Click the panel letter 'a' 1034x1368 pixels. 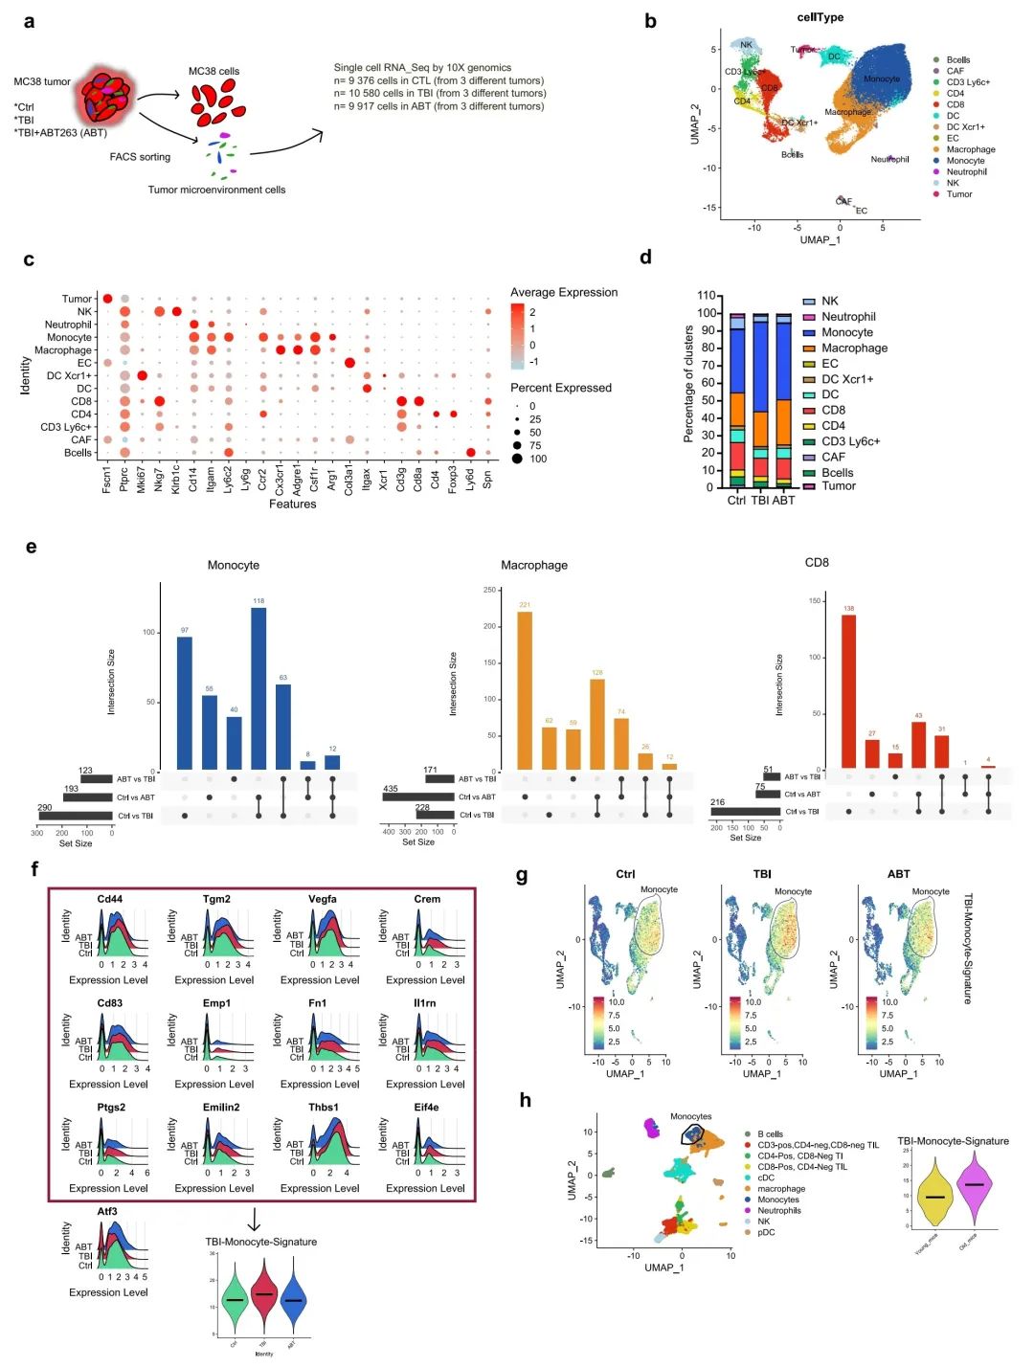point(30,21)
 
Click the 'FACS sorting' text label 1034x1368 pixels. point(140,157)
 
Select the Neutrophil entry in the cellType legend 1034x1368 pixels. point(966,172)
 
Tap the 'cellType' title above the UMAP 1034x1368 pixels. point(820,17)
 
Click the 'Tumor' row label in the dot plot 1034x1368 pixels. point(77,299)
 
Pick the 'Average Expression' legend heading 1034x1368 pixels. point(563,292)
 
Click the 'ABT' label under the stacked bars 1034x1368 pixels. point(783,501)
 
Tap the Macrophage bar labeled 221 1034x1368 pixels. point(525,689)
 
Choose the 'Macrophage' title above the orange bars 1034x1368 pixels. point(533,565)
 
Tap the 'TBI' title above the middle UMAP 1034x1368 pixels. point(762,874)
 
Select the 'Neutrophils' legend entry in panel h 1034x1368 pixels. point(778,1210)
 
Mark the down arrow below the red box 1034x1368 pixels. point(254,1219)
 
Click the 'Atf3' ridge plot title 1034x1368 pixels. point(107,1212)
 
